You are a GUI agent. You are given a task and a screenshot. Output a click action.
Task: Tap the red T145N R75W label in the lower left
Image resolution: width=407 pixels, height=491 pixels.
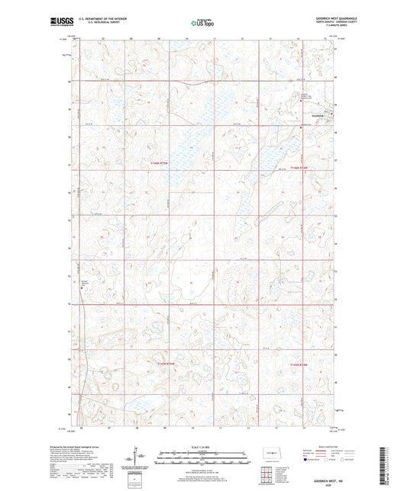tap(163, 364)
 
